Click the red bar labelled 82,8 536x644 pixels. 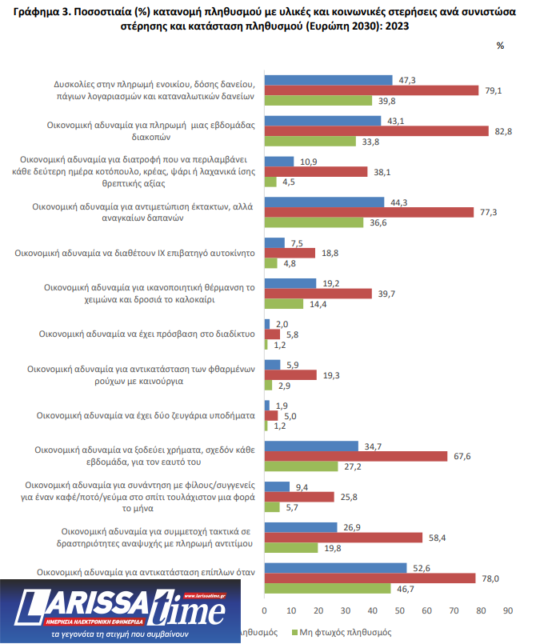[x=376, y=131]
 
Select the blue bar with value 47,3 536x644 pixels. [x=328, y=80]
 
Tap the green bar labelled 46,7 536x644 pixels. [x=327, y=590]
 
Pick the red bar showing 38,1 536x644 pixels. [x=315, y=171]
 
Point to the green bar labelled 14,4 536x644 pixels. [x=283, y=305]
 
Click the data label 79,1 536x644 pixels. [x=493, y=90]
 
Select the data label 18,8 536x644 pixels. [x=329, y=252]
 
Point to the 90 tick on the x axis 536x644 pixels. [x=506, y=610]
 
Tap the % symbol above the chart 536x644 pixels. [x=500, y=46]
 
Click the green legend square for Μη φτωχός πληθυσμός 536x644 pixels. [x=293, y=632]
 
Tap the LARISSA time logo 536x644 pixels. [x=120, y=612]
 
